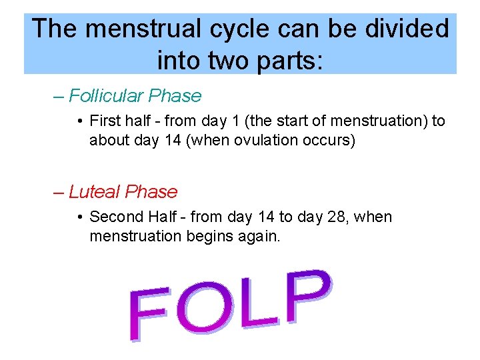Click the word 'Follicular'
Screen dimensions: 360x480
pyautogui.click(x=106, y=96)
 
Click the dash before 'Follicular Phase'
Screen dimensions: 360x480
pyautogui.click(x=59, y=96)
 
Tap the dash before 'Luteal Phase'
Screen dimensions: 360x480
pyautogui.click(x=59, y=192)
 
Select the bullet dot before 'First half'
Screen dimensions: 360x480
pyautogui.click(x=79, y=121)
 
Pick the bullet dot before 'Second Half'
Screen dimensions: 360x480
pyautogui.click(x=79, y=217)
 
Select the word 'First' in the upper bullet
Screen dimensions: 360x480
pyautogui.click(x=105, y=121)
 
